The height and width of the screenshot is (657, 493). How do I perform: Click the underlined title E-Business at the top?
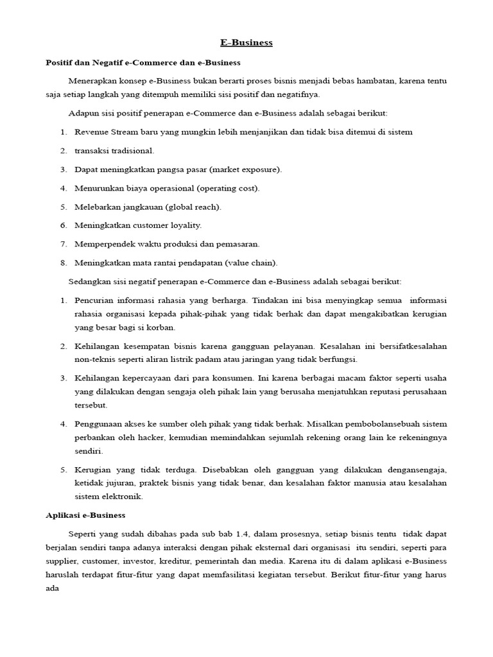pyautogui.click(x=246, y=42)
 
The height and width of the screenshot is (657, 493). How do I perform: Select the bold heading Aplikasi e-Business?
pyautogui.click(x=85, y=515)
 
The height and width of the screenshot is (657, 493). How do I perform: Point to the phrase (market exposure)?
pyautogui.click(x=248, y=169)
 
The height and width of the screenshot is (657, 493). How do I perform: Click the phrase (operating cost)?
pyautogui.click(x=228, y=188)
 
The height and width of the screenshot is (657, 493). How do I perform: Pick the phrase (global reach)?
pyautogui.click(x=193, y=207)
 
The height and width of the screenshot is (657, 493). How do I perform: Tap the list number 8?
pyautogui.click(x=64, y=262)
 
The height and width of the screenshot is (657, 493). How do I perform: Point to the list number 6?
pyautogui.click(x=64, y=225)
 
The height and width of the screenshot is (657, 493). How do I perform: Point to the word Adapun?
pyautogui.click(x=83, y=114)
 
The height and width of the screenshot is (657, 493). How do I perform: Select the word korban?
pyautogui.click(x=160, y=327)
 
